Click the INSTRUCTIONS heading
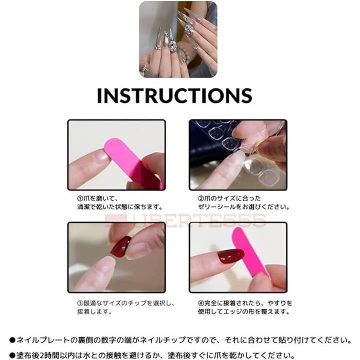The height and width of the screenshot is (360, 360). [x=174, y=95]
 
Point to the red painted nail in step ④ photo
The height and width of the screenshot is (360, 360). [x=230, y=256]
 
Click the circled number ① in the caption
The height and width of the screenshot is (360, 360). [x=80, y=198]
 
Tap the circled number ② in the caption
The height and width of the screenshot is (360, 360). [x=201, y=198]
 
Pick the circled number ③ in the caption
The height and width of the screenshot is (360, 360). [x=80, y=303]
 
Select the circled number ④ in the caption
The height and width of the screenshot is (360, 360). [x=201, y=303]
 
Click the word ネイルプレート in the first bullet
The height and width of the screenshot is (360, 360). [x=43, y=340]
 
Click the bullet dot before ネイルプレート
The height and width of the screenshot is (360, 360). [x=12, y=340]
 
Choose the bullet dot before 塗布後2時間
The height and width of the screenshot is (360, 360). [x=12, y=355]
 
